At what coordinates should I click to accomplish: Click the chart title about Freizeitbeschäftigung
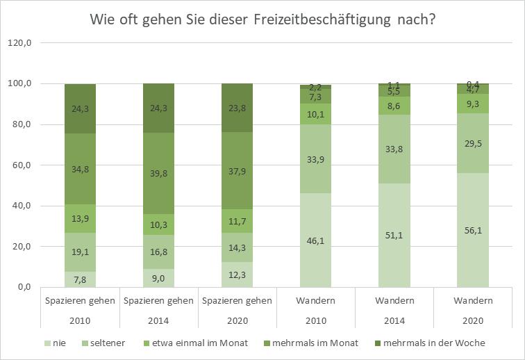click(262, 19)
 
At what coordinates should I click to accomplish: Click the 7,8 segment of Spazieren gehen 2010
click(81, 279)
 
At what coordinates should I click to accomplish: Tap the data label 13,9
click(81, 218)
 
